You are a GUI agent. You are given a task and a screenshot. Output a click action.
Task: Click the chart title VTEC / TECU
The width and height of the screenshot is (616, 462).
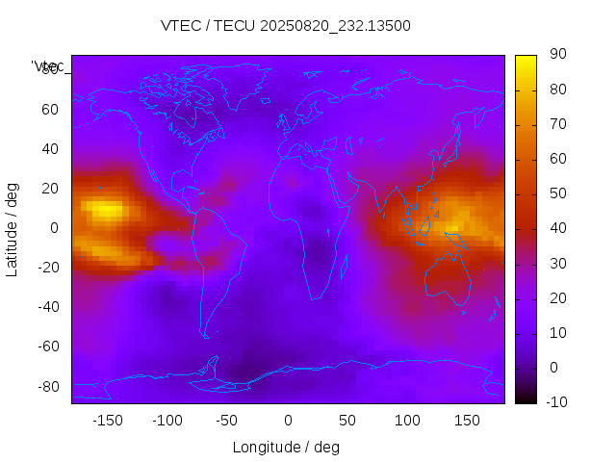285,26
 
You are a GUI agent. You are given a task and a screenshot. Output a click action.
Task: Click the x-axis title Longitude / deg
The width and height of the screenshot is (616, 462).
286,447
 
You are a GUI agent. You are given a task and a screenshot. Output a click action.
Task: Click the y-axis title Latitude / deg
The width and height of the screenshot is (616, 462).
13,228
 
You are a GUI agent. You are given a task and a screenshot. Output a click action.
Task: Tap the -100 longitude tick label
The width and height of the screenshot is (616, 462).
167,421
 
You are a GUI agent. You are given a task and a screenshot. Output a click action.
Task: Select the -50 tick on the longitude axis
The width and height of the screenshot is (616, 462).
227,421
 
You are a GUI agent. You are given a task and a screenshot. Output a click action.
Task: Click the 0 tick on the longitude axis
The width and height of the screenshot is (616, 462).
288,421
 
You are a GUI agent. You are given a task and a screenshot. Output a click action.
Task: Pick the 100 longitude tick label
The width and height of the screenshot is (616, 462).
407,421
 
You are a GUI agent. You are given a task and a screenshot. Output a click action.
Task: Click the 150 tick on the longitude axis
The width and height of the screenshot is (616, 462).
467,421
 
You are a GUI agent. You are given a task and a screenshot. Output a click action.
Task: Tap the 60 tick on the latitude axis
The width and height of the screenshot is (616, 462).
50,110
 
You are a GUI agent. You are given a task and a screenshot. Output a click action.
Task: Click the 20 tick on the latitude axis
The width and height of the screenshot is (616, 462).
50,189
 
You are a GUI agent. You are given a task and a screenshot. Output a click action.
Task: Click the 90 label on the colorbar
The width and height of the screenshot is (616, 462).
557,56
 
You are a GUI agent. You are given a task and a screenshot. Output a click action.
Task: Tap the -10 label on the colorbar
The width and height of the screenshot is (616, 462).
555,402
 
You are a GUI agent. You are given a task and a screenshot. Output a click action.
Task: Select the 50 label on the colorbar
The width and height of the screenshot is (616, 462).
557,194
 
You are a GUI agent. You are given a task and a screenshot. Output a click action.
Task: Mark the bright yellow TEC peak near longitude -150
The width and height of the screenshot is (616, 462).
103,209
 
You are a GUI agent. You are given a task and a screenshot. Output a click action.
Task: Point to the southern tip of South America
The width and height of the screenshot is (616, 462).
206,337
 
